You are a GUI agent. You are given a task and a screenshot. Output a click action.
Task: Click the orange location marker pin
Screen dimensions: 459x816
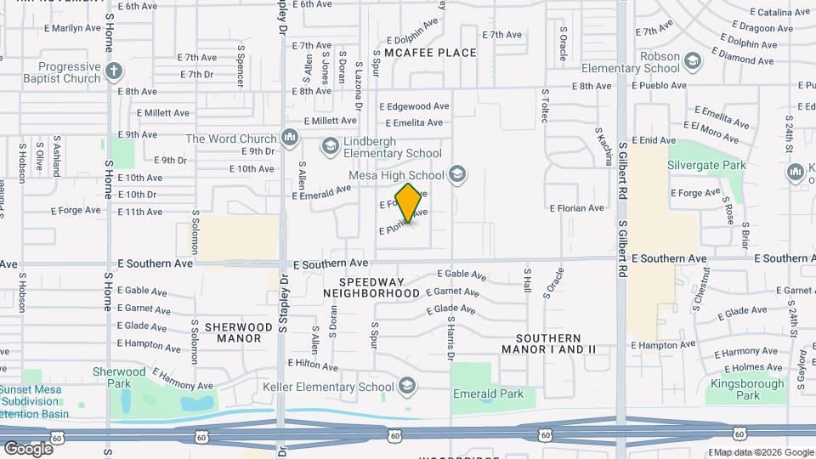tap(409, 203)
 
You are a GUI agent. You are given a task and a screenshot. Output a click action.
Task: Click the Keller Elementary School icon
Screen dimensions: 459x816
tap(407, 387)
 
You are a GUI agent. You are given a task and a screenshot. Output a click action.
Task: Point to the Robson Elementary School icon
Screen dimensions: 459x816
tap(694, 61)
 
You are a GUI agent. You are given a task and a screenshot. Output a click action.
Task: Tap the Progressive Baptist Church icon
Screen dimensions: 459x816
tap(115, 71)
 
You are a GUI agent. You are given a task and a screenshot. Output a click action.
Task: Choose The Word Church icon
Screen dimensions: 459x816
tap(291, 138)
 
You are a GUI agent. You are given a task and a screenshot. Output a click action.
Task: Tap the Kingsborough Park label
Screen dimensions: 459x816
tap(748, 389)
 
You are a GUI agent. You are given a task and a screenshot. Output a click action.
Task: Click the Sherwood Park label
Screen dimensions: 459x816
tap(119, 377)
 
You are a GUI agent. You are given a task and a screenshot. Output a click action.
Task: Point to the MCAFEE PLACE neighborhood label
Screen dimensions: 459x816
tap(430, 53)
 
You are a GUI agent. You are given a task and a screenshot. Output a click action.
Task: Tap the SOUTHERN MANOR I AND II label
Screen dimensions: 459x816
tap(547, 343)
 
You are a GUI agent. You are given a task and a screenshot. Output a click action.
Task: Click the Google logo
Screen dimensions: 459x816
tap(28, 447)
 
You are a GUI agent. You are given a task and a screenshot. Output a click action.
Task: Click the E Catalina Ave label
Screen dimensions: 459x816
tap(781, 12)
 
